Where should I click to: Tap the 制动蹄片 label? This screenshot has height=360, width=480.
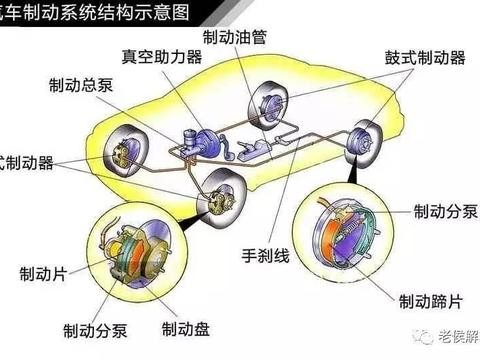tap(430, 299)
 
